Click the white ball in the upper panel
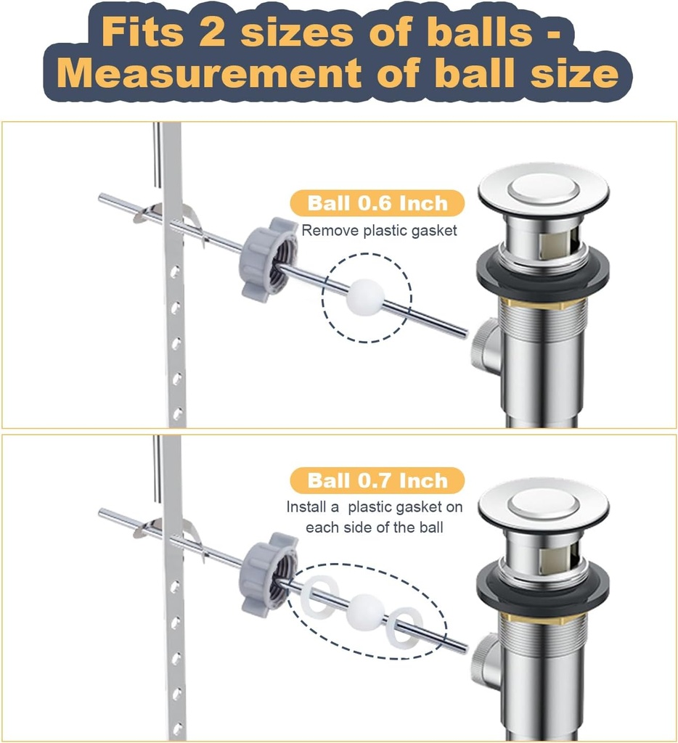point(364,297)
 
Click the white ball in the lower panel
point(364,612)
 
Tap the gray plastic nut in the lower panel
point(269,573)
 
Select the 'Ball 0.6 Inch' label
point(377,203)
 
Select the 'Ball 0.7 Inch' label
point(377,480)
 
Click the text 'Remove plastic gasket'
point(380,231)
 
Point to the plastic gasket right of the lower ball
point(404,626)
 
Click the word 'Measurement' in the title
point(208,73)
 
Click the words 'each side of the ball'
point(375,528)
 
